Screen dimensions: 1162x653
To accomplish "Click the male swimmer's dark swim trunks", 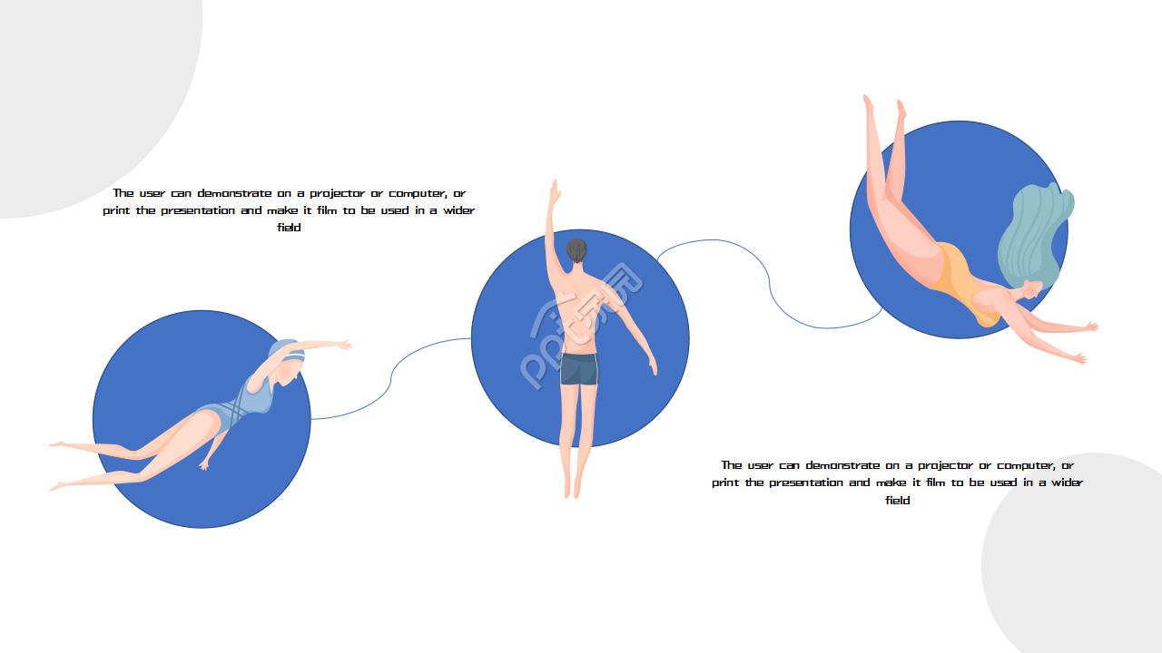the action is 579,369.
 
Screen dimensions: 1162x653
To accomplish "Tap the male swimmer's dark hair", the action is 576,250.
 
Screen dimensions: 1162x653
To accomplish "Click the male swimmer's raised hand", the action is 555,193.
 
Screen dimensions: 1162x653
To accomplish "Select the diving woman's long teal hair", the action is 1035,236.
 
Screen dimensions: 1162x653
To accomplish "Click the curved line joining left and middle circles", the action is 390,378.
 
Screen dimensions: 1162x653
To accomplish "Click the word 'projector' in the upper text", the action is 337,194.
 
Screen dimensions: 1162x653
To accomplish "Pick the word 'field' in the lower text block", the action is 898,500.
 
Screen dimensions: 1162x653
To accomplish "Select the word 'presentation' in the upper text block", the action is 198,211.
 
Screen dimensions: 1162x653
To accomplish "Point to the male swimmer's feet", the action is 572,486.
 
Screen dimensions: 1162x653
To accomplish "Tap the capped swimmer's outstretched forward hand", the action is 344,345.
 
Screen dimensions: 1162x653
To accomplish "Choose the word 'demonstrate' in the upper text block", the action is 234,193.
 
